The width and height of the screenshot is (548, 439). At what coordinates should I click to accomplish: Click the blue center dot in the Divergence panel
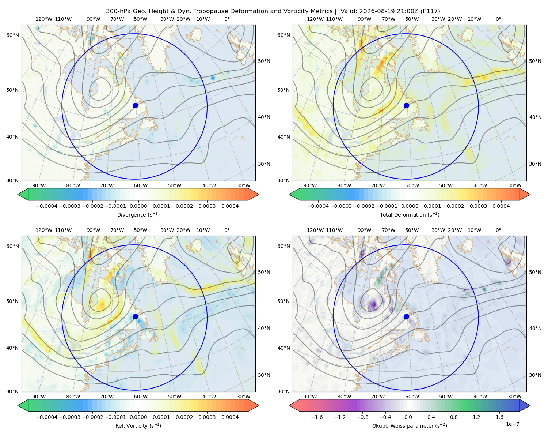[135, 106]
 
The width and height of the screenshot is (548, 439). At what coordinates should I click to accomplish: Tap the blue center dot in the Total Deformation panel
[406, 106]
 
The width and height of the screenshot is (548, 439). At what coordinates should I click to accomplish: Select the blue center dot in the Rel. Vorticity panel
[135, 316]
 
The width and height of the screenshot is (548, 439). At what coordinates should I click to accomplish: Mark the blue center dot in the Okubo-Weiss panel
[406, 316]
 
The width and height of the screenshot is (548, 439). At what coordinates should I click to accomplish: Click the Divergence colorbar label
[138, 215]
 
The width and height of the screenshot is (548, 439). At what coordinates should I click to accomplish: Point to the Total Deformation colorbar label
[410, 215]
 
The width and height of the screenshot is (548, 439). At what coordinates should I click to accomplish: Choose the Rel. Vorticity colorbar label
[138, 426]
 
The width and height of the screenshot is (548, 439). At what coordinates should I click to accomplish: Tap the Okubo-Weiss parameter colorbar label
[410, 426]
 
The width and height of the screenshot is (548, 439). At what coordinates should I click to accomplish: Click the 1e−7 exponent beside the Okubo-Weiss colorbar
[512, 424]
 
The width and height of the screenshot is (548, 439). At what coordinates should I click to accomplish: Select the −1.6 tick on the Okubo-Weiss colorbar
[317, 417]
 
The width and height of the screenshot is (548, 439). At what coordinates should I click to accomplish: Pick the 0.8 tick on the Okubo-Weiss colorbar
[454, 417]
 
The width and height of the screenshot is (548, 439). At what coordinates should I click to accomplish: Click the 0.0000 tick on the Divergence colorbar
[138, 206]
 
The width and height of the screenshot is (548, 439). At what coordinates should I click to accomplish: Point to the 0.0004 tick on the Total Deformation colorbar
[501, 206]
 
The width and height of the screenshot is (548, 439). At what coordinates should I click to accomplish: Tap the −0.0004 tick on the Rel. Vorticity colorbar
[47, 417]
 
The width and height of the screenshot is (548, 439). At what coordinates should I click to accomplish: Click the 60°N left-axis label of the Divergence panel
[13, 35]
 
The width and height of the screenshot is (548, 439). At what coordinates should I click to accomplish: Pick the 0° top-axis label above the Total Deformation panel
[498, 19]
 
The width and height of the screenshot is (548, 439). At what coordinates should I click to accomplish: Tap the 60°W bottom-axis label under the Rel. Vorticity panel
[141, 397]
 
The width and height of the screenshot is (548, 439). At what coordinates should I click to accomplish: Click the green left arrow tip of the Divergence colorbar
[18, 195]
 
